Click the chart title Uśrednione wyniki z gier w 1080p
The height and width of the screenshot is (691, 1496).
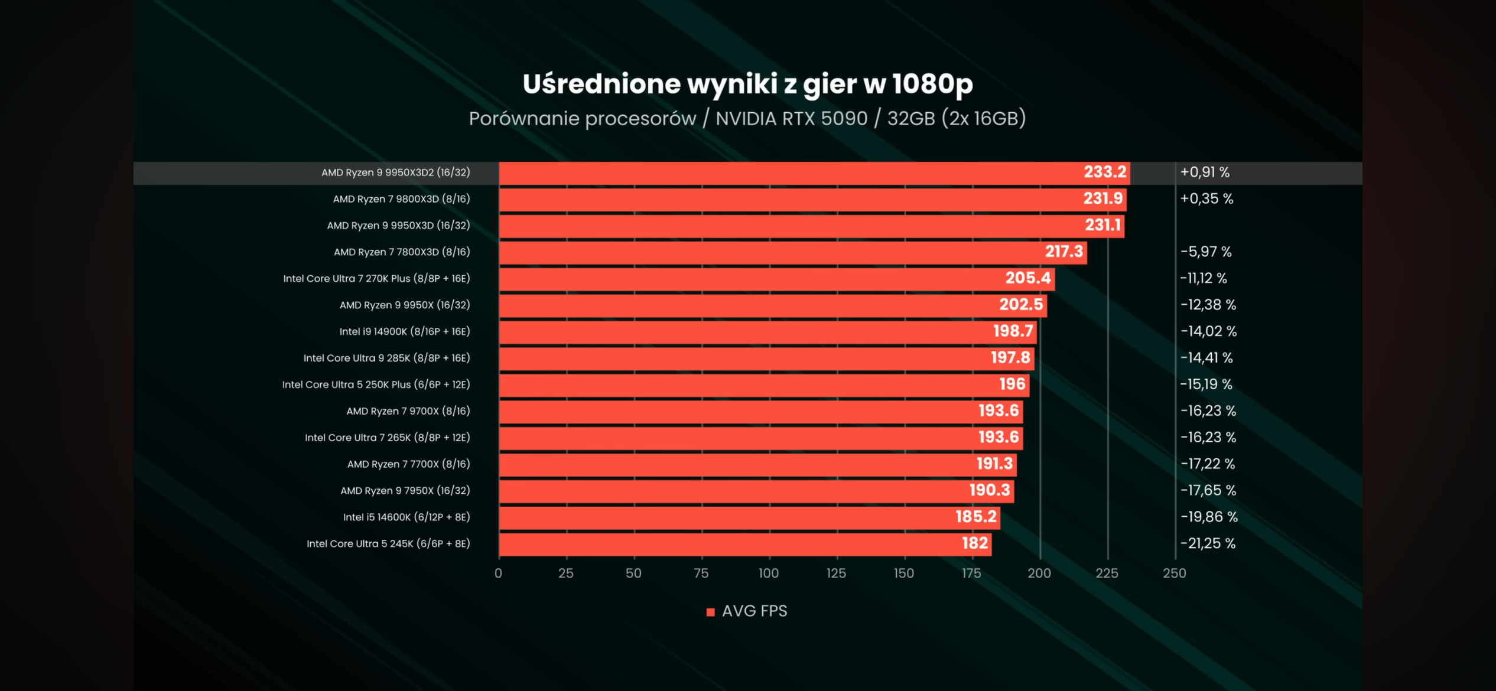[x=747, y=84]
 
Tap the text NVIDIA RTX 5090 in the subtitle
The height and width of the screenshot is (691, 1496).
[x=791, y=119]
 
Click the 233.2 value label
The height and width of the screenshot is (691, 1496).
[x=1104, y=172]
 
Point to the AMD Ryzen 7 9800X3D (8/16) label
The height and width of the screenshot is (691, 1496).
[x=401, y=199]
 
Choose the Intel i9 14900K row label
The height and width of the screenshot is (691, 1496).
[x=404, y=331]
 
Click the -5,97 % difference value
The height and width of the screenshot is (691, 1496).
[x=1206, y=252]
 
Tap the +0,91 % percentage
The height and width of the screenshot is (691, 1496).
[x=1205, y=172]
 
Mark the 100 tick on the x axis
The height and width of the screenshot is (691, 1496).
[x=768, y=573]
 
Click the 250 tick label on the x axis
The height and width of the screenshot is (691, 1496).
[x=1174, y=573]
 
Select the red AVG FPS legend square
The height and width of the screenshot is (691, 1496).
[x=710, y=612]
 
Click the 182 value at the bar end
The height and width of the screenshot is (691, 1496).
[x=975, y=543]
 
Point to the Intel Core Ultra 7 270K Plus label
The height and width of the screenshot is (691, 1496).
[x=376, y=278]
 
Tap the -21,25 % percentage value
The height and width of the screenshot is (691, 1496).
[x=1208, y=543]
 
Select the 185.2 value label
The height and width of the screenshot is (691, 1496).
[x=976, y=517]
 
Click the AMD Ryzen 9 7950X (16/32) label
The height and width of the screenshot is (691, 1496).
[x=405, y=490]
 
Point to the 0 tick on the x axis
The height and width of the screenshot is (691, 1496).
[x=498, y=573]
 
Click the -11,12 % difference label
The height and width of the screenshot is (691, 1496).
[x=1204, y=278]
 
